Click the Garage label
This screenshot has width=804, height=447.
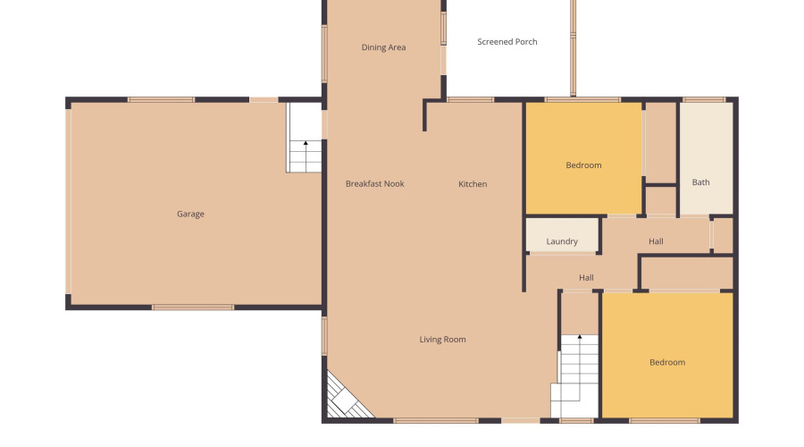pyautogui.click(x=190, y=215)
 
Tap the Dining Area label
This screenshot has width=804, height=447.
pyautogui.click(x=383, y=48)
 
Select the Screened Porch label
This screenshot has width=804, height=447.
pyautogui.click(x=507, y=42)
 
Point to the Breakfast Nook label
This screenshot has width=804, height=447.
pyautogui.click(x=374, y=184)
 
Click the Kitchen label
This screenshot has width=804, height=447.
pyautogui.click(x=473, y=184)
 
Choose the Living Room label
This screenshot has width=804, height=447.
pyautogui.click(x=442, y=340)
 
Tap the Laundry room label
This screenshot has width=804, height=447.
pyautogui.click(x=561, y=241)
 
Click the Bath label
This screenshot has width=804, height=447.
pyautogui.click(x=700, y=183)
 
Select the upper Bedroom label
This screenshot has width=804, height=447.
pyautogui.click(x=583, y=165)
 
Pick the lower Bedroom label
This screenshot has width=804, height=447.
pyautogui.click(x=666, y=362)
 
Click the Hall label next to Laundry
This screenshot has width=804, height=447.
pyautogui.click(x=656, y=241)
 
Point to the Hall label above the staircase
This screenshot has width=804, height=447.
pyautogui.click(x=586, y=278)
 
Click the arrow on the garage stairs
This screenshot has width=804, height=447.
pyautogui.click(x=306, y=144)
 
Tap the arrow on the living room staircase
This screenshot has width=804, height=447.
pyautogui.click(x=579, y=338)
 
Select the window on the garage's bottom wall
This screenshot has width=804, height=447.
pyautogui.click(x=193, y=308)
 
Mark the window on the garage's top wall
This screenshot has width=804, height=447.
pyautogui.click(x=161, y=99)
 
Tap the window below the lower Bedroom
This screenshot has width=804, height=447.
pyautogui.click(x=664, y=420)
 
